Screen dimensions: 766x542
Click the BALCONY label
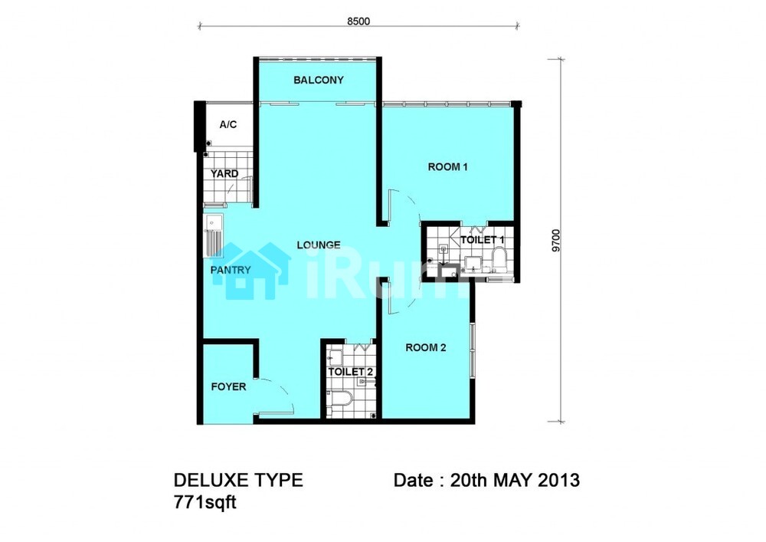pos(319,80)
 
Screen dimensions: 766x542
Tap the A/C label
pos(228,125)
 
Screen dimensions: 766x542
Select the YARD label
pos(224,173)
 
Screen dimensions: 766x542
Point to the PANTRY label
pos(231,270)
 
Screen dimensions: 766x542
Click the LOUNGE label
pos(319,245)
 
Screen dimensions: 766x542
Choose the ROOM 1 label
pos(447,167)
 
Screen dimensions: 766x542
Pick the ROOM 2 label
pos(425,348)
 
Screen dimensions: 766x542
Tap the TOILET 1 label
pos(482,240)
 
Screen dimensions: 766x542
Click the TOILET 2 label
pos(351,372)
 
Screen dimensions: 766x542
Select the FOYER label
pos(228,387)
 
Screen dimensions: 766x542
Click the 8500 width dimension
pos(358,21)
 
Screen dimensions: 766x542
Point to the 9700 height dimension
pos(556,241)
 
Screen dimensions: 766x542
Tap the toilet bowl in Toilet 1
pos(499,259)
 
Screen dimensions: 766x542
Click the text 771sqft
pos(205,502)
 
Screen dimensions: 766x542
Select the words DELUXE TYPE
pos(238,480)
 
